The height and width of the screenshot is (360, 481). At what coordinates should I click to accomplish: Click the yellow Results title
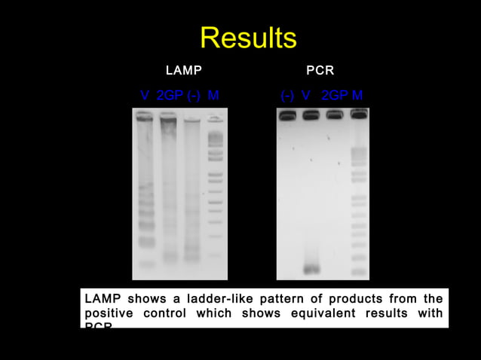[248, 38]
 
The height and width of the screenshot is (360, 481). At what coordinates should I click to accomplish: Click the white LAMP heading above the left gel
[183, 71]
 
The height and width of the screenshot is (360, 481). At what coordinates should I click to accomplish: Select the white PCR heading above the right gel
[320, 71]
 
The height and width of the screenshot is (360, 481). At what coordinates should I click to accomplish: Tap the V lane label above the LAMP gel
[145, 96]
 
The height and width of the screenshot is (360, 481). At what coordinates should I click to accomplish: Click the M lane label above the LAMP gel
[213, 96]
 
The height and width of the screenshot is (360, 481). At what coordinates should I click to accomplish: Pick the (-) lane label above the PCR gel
[287, 96]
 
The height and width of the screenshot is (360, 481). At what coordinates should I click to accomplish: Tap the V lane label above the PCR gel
[306, 96]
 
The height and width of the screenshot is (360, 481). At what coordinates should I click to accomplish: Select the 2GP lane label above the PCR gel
[334, 96]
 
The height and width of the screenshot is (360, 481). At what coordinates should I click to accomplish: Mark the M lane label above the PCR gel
[357, 96]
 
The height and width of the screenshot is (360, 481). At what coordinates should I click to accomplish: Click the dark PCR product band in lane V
[311, 269]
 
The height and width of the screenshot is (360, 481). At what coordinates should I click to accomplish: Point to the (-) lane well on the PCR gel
[287, 115]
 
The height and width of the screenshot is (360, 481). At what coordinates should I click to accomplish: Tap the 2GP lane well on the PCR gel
[335, 114]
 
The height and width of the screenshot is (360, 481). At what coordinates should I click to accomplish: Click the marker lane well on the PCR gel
[359, 114]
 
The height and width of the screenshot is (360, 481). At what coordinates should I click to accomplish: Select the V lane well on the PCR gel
[311, 115]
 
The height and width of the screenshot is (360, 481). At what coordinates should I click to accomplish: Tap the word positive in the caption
[107, 313]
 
